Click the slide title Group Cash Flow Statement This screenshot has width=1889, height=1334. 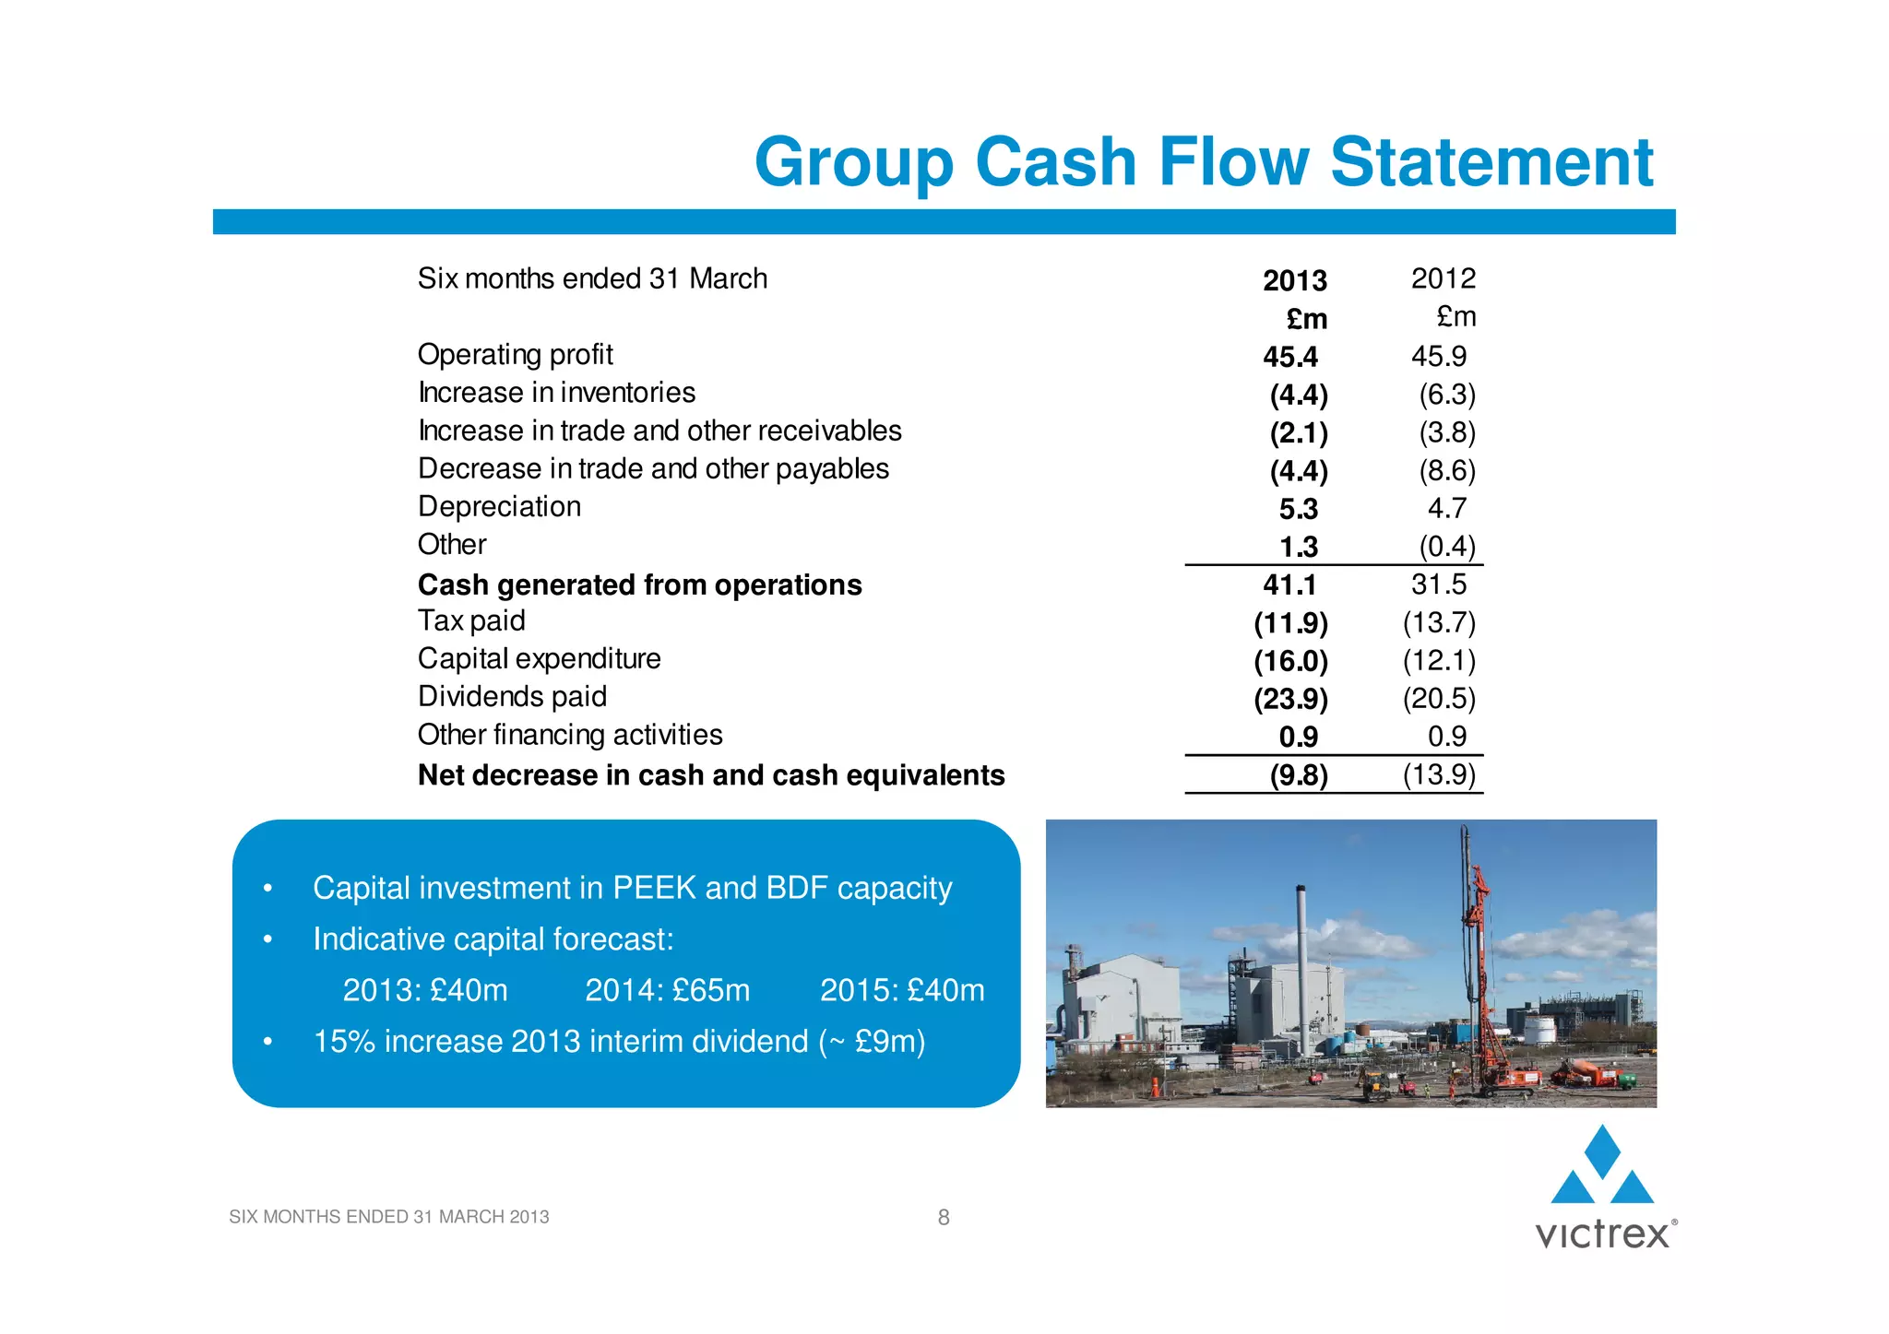coord(1204,162)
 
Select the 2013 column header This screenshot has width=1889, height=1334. coord(1294,280)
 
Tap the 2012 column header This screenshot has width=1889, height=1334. coord(1443,278)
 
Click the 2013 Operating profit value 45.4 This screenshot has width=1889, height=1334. coord(1290,357)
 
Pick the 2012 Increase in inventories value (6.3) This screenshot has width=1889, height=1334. coord(1446,395)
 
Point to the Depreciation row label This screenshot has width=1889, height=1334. coord(499,507)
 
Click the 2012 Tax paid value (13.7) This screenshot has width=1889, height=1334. coord(1439,623)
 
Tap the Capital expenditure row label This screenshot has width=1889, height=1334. coord(539,658)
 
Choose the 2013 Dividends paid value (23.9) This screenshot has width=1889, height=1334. coord(1290,699)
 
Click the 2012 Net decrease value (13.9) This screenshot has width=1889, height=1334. coord(1439,774)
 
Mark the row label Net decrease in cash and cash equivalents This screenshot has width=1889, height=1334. coord(710,775)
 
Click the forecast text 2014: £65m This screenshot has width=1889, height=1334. coord(667,990)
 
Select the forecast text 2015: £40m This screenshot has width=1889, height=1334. coord(902,990)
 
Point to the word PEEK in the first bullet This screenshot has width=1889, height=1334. coord(654,888)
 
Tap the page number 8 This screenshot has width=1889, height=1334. coord(944,1218)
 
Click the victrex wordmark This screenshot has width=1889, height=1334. coord(1603,1234)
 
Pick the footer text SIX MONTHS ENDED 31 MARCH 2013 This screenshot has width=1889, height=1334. coord(388,1217)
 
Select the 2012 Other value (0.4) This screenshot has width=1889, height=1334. coord(1446,547)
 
